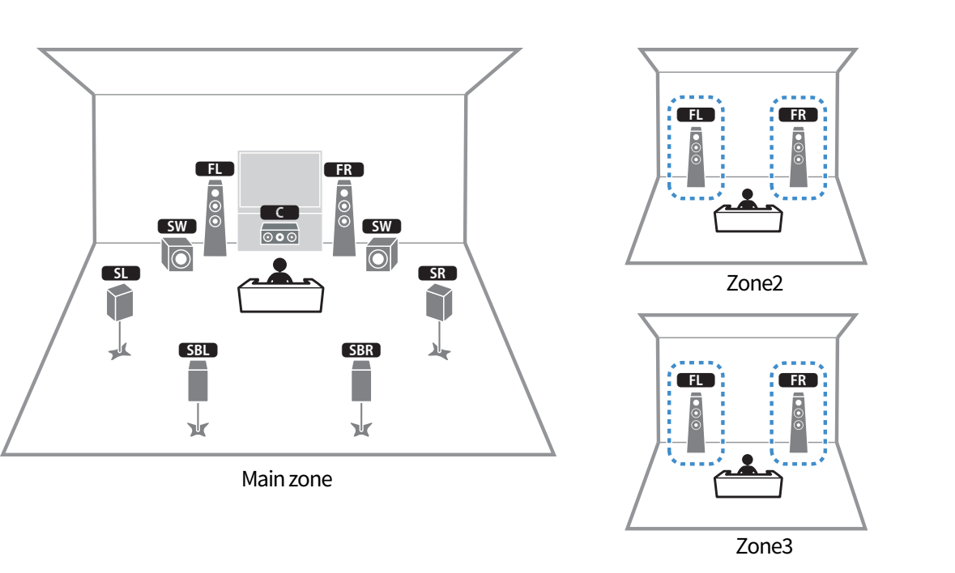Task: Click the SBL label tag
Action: point(198,350)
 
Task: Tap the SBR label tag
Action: point(361,350)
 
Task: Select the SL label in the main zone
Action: point(121,274)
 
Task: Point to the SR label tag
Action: point(437,274)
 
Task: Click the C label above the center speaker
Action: point(279,212)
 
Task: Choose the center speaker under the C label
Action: point(279,234)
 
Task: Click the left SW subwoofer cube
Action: point(177,254)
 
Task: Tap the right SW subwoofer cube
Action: point(382,254)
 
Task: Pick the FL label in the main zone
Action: point(215,169)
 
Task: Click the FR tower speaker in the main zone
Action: point(344,218)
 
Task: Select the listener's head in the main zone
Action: point(279,265)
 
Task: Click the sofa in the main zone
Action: point(280,295)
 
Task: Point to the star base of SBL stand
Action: point(198,429)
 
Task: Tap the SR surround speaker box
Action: point(438,302)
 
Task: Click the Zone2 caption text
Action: point(755,282)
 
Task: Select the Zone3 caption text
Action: point(764,545)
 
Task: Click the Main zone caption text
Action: point(287,479)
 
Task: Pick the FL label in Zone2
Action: point(696,114)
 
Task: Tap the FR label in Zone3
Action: point(798,380)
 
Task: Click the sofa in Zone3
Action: point(748,484)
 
